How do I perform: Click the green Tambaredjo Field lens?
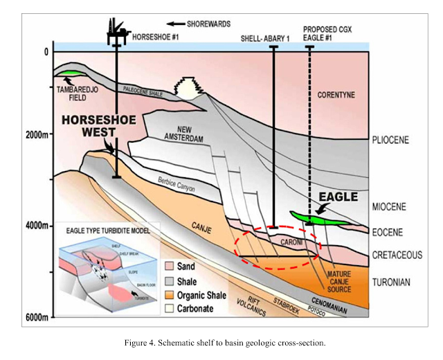click(x=69, y=74)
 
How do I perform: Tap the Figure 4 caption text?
click(x=221, y=343)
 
